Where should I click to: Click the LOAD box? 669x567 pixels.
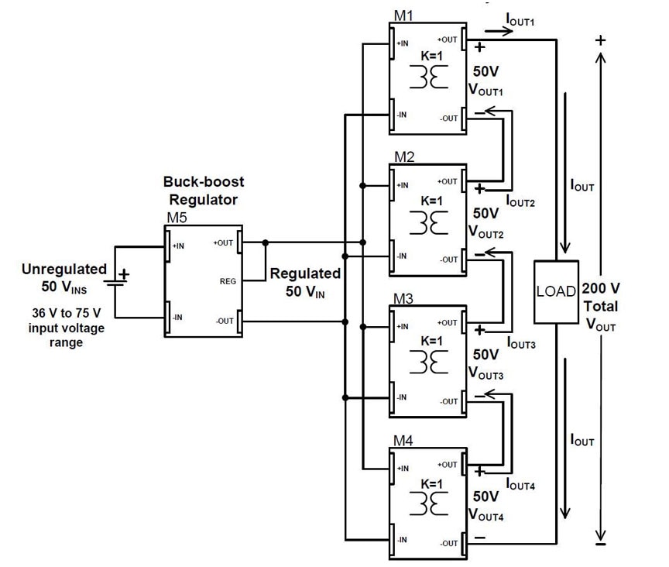pos(556,292)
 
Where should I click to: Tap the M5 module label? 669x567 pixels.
pos(177,218)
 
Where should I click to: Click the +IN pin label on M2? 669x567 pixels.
pos(403,185)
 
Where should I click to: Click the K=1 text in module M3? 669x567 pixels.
pos(432,341)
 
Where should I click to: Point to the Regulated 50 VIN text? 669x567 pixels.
pos(305,282)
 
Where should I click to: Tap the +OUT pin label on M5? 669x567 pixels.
pos(224,242)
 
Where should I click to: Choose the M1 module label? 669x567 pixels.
pos(403,15)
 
